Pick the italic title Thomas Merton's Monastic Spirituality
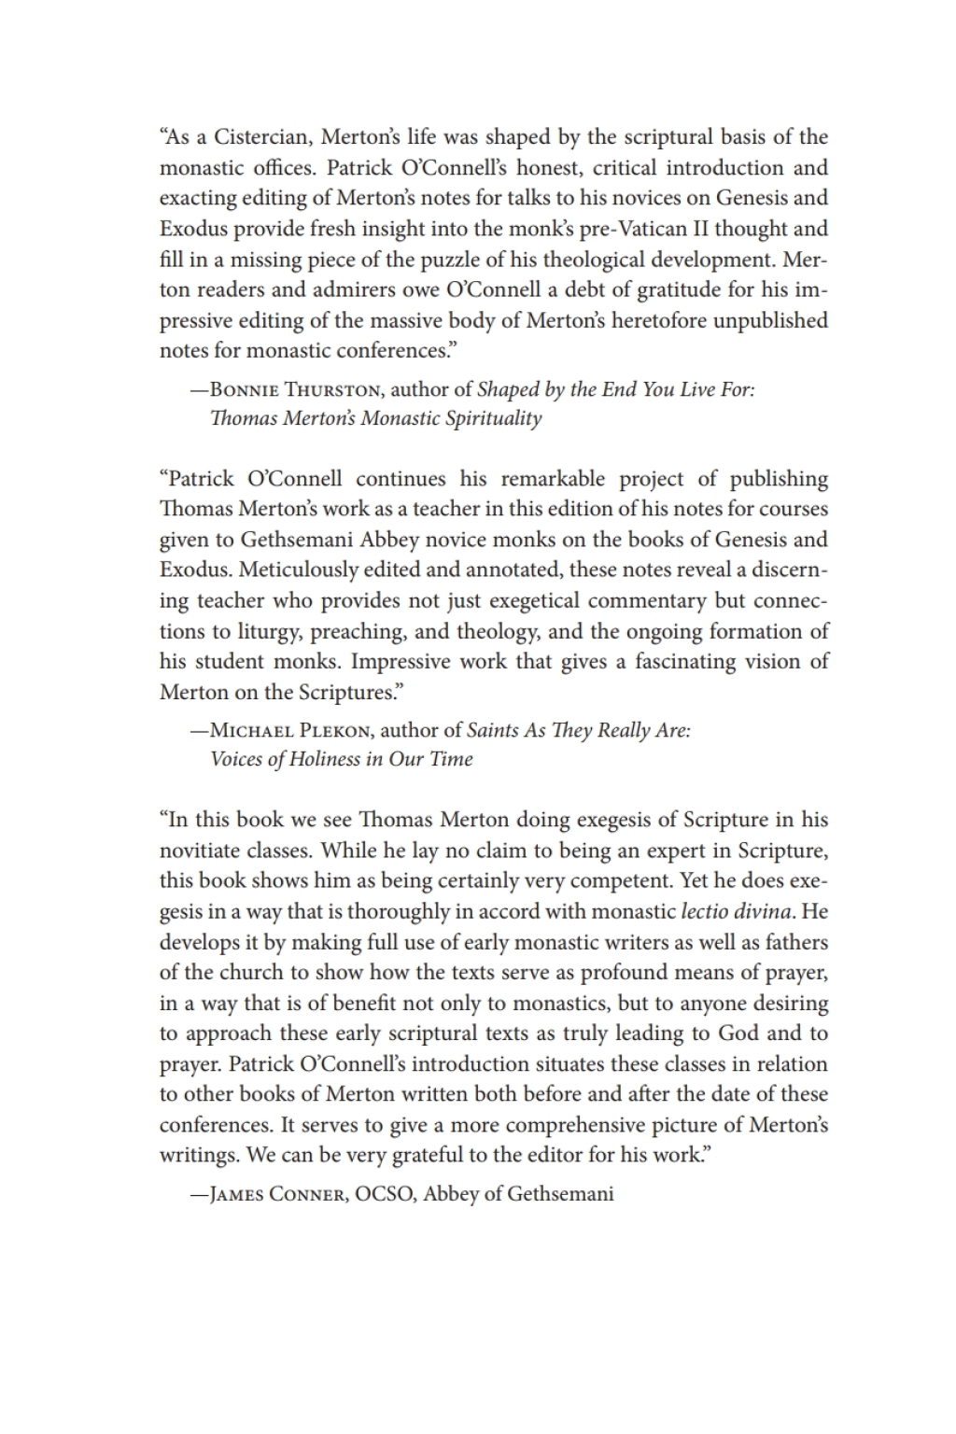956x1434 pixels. [375, 417]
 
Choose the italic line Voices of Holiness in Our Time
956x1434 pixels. [342, 758]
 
